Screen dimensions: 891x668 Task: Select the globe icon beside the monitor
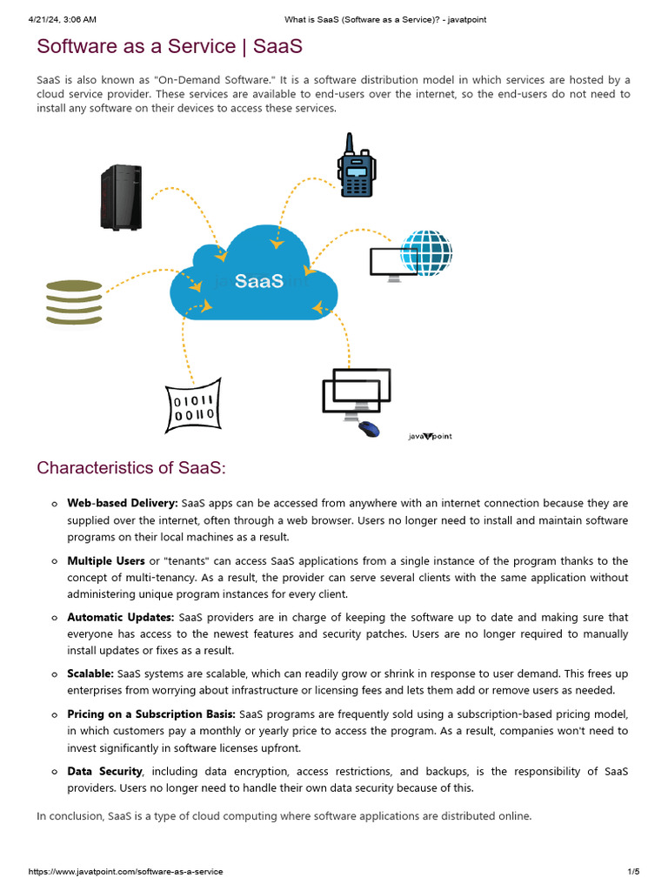tap(426, 252)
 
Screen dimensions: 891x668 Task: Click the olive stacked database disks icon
tap(74, 302)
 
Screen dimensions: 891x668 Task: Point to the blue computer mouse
tap(368, 428)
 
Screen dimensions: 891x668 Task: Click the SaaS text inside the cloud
tap(259, 281)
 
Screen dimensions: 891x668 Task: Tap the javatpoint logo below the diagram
tap(431, 436)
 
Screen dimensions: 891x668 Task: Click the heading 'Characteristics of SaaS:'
tap(131, 468)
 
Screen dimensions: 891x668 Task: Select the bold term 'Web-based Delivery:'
tap(123, 503)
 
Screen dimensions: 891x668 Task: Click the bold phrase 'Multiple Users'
tap(106, 561)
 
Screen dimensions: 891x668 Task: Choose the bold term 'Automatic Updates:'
tap(121, 618)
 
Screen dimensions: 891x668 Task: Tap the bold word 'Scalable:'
tap(90, 674)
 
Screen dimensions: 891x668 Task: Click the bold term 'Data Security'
tap(104, 771)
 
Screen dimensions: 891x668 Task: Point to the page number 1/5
tap(633, 872)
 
